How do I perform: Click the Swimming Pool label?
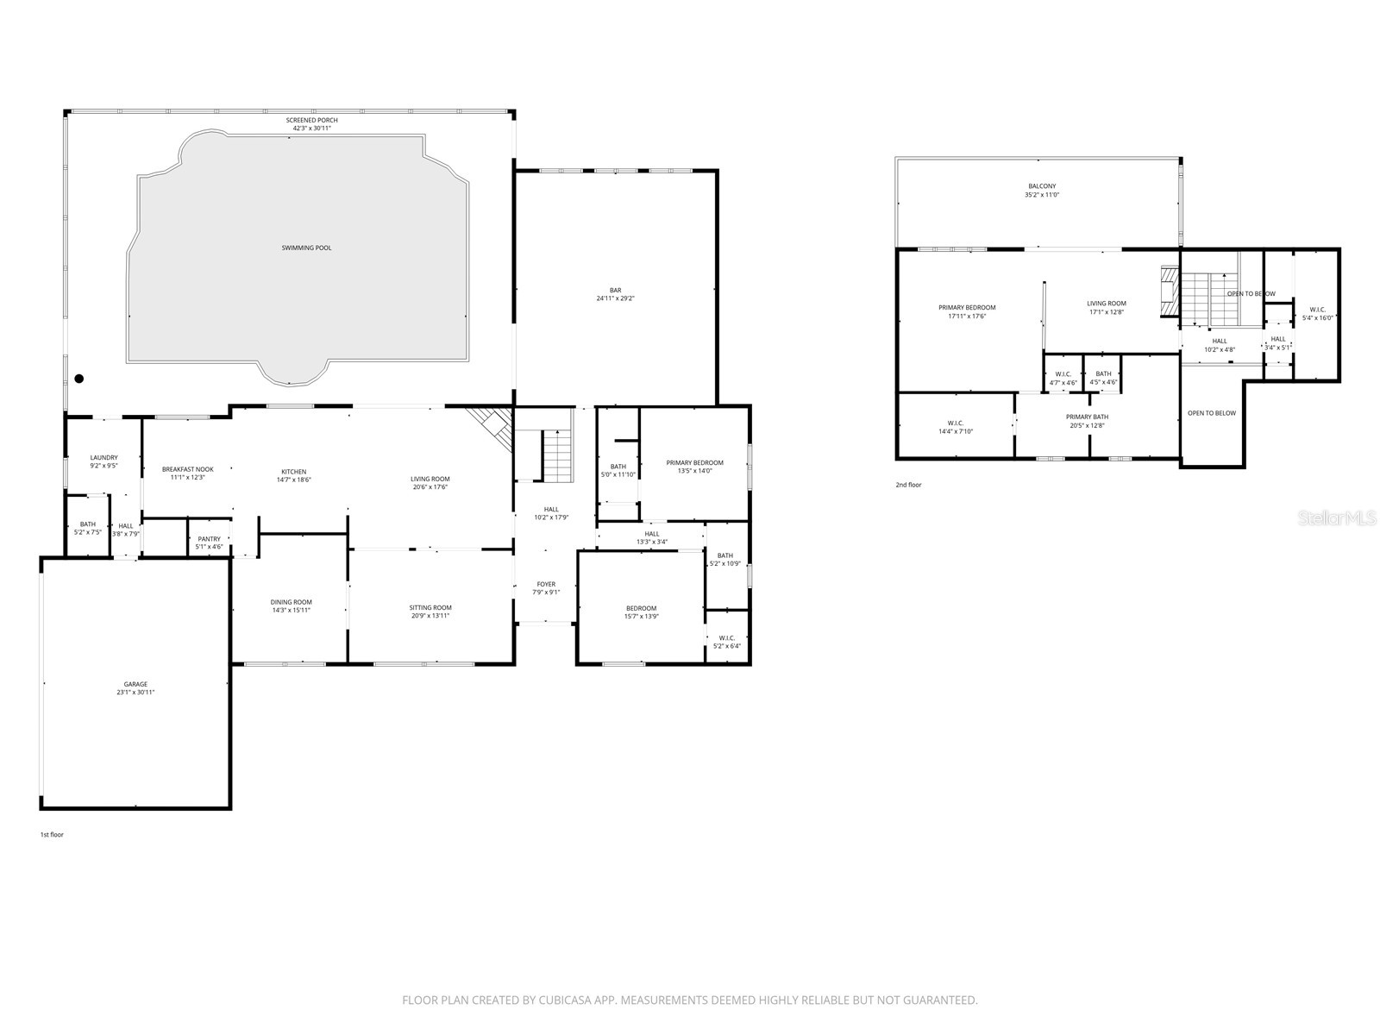pos(306,248)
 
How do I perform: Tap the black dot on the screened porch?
pos(79,378)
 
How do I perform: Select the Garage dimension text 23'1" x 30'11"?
pos(135,693)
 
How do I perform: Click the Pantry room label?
pos(209,539)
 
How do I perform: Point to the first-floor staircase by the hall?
pos(558,456)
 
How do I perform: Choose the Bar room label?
pos(615,291)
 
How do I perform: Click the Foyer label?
pos(546,584)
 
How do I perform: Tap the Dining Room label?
pos(291,602)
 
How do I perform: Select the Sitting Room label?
pos(430,607)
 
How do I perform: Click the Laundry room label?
pos(103,458)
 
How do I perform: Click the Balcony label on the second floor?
pos(1041,186)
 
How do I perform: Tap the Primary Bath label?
pos(1087,417)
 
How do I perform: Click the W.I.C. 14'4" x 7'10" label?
pos(955,423)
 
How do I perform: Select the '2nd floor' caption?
pos(908,485)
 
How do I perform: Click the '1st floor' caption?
pos(52,835)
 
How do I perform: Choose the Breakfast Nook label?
pos(187,469)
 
